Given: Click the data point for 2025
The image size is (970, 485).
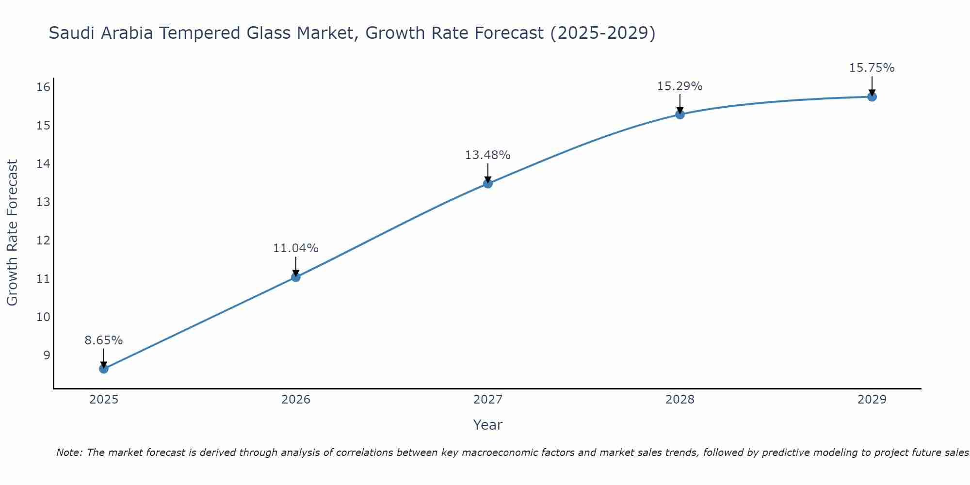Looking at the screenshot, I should coord(104,369).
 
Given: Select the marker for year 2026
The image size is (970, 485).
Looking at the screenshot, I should coord(296,277).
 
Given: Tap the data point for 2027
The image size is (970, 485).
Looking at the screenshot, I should coord(488,183).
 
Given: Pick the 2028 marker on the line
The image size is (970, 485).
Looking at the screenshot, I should coord(680,114).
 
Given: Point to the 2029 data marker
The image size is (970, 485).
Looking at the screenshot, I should coord(872,97).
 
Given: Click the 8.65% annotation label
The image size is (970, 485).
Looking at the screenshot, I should coord(104,340).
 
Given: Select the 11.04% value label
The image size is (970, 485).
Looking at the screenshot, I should coord(296,248).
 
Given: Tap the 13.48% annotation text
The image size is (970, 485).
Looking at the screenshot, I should coord(488,155).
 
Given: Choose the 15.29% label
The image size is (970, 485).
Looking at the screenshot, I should coord(680,86).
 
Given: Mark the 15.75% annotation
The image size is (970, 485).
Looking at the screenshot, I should coord(872,68).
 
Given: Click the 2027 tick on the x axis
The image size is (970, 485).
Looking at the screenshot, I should coord(488,400).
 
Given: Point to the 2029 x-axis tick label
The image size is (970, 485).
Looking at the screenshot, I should coord(872,400).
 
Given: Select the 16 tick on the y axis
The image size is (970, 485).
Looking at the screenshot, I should coord(44,87).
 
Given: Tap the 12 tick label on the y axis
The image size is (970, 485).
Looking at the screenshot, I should coord(44,241).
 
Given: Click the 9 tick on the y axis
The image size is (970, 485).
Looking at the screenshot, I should coord(47,356).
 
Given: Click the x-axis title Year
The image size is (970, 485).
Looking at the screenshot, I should coord(488,425).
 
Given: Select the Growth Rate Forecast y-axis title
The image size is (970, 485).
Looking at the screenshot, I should coord(13,233).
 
